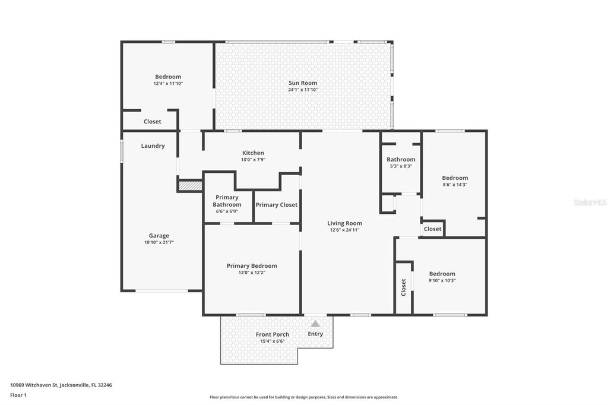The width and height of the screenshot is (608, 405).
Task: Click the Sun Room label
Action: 303,83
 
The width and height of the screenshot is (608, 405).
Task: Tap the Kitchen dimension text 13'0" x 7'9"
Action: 253,160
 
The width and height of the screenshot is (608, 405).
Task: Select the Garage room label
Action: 159,236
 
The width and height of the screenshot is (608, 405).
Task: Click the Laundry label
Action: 153,146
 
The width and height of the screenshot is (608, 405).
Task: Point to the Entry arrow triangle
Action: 315,324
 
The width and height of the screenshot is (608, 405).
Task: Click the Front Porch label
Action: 273,334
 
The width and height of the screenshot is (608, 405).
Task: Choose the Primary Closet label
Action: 276,205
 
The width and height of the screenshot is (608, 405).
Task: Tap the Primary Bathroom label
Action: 227,201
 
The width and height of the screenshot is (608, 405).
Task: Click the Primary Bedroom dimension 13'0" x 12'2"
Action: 252,273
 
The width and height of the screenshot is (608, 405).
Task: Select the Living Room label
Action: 344,223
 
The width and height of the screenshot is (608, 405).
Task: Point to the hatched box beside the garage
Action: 191,186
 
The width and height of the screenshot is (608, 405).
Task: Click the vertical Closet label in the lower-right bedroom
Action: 404,288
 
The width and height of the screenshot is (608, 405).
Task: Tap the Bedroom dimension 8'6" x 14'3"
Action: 455,185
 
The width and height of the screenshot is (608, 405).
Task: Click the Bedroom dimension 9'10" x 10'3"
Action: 442,280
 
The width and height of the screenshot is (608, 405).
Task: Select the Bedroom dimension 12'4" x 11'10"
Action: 168,84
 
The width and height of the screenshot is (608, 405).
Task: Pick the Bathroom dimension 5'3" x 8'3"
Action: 401,166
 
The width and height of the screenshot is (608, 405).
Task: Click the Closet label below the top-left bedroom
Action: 152,122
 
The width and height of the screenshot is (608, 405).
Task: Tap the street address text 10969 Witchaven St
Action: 61,385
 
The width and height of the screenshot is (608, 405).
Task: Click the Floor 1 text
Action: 18,395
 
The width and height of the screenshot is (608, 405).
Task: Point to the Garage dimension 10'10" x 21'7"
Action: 159,242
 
